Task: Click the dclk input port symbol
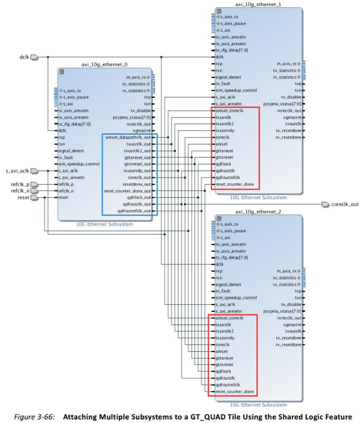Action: tap(34, 57)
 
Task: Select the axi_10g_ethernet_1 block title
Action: tap(258, 4)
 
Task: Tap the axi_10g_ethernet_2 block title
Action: tap(258, 211)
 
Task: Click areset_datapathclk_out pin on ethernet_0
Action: tap(128, 137)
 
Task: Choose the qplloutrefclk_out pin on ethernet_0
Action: tap(134, 210)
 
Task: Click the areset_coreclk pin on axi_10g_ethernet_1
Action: tap(230, 110)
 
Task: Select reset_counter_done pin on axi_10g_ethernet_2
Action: tap(234, 392)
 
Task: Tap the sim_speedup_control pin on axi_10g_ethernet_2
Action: tap(236, 298)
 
